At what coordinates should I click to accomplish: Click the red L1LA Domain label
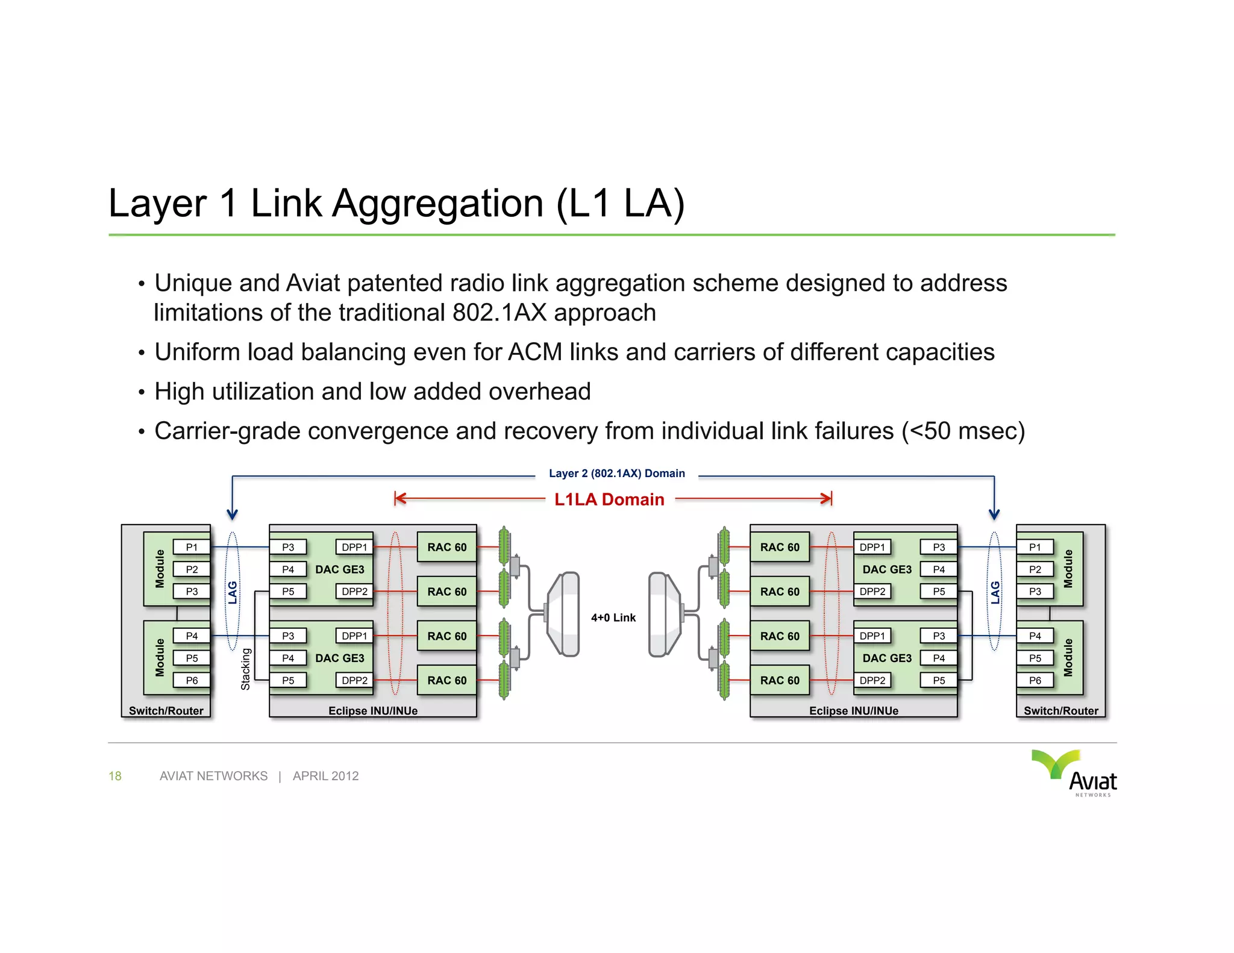coord(609,499)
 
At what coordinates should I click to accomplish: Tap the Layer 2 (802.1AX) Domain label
coord(616,473)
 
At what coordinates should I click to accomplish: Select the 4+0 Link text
coord(613,617)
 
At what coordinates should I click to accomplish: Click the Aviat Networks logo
coord(1075,773)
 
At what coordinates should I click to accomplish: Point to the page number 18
coord(114,776)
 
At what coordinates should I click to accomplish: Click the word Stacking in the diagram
coord(245,669)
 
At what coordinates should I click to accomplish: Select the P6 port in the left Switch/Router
coord(192,680)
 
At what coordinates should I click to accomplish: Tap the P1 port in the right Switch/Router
coord(1035,547)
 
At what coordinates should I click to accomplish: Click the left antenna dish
coord(563,614)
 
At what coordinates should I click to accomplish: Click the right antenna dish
coord(664,614)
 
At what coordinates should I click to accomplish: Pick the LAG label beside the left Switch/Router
coord(233,592)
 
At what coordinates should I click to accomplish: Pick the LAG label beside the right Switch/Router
coord(995,592)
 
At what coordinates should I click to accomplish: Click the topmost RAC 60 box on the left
coord(446,547)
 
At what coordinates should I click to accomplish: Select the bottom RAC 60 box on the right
coord(779,680)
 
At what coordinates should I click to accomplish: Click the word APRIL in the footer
coord(310,776)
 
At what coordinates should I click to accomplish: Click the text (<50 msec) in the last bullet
coord(963,431)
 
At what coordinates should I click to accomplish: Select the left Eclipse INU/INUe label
coord(372,711)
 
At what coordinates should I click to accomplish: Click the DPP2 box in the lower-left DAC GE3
coord(354,680)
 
